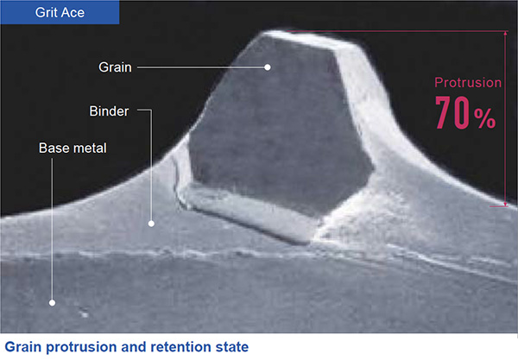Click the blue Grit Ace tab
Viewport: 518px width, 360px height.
tap(60, 12)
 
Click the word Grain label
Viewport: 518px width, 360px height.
tap(115, 67)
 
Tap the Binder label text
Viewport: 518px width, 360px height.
tap(109, 111)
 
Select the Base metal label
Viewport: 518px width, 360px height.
tap(73, 148)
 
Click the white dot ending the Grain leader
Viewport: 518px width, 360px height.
tap(268, 67)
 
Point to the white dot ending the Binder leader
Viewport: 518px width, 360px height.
tap(151, 224)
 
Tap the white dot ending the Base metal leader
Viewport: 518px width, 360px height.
tap(52, 302)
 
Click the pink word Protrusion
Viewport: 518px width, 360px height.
tap(468, 83)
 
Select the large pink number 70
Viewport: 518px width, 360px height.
tap(452, 112)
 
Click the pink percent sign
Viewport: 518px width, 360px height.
tap(485, 118)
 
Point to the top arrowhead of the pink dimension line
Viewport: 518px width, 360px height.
tap(505, 34)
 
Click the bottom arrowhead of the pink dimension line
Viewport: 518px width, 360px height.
tap(505, 205)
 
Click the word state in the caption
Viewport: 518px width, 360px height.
tap(232, 347)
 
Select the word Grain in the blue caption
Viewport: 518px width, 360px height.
tap(23, 347)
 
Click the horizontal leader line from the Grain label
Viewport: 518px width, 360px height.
tap(201, 67)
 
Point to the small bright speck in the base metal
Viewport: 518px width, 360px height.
tap(84, 313)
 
